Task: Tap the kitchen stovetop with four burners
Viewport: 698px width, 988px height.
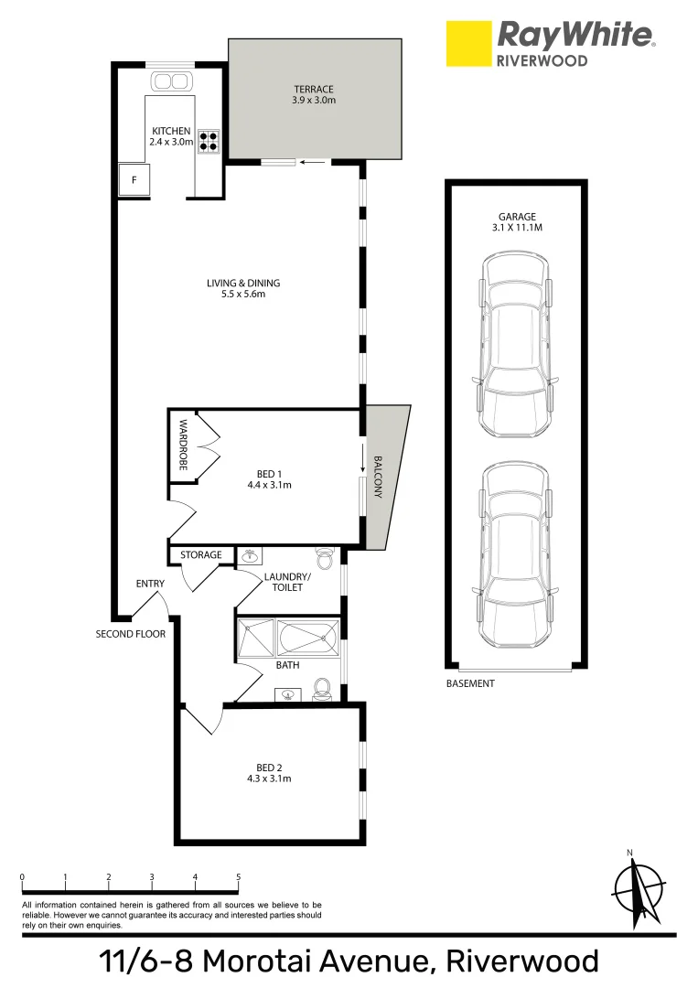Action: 208,141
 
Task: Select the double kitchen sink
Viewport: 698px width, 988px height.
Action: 169,81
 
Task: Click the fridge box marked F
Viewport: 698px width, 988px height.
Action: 134,181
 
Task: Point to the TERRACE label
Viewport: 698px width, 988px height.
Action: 314,89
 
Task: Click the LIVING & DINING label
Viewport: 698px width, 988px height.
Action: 243,283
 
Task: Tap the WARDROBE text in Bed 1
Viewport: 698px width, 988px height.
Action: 183,445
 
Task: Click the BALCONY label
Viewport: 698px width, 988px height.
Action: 376,476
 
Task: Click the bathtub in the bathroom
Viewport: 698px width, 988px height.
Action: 307,638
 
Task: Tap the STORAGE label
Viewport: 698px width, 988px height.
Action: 200,555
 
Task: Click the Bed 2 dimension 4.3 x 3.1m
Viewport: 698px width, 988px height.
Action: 269,779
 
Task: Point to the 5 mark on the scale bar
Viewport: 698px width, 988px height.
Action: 238,877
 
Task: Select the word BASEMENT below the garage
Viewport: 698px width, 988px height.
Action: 470,683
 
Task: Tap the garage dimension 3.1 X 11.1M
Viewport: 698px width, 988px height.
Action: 516,227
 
